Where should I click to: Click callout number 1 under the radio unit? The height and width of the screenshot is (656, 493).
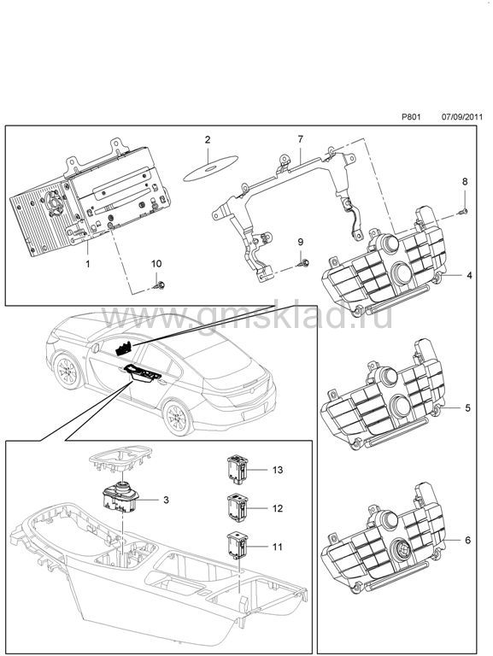tap(87, 264)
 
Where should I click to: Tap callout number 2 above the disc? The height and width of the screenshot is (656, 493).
tap(208, 140)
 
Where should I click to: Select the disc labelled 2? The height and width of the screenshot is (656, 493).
tap(210, 168)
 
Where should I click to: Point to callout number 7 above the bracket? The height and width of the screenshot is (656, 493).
tap(300, 139)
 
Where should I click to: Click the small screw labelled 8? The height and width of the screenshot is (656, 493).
tap(463, 211)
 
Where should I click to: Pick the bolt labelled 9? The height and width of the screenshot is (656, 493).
tap(304, 263)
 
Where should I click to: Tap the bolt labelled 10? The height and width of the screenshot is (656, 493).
tap(159, 285)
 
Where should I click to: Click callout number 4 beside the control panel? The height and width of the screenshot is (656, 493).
tap(469, 275)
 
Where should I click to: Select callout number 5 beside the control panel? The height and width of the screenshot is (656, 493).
tap(468, 407)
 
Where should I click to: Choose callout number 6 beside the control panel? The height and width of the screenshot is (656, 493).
tap(468, 540)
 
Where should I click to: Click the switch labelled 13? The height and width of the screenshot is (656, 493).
tap(238, 470)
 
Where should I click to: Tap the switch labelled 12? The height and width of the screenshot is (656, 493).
tap(238, 508)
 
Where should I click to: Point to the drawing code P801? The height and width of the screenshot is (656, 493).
tap(411, 117)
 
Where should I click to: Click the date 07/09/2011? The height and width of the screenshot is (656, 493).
tap(462, 117)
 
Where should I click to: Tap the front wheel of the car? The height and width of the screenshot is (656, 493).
tap(67, 371)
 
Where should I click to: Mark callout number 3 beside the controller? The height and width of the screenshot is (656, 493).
tap(166, 500)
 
